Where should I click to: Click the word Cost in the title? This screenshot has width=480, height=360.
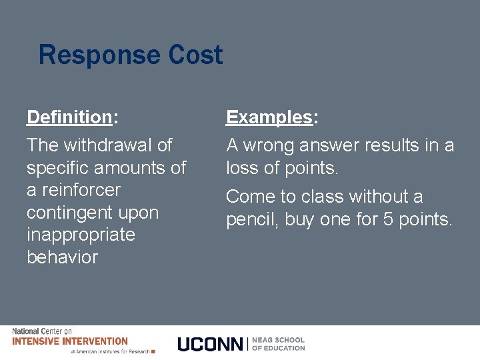tap(197, 55)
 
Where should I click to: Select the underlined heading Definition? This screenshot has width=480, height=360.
tap(69, 117)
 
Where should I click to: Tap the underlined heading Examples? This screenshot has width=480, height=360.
tap(269, 117)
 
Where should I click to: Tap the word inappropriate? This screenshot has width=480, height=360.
tap(81, 235)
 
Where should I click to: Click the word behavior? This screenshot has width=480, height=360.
tap(62, 257)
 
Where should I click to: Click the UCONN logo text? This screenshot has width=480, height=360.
tap(211, 344)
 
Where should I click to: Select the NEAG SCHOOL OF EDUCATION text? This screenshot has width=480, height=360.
tap(279, 344)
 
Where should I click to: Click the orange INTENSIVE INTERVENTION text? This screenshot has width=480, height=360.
tap(70, 341)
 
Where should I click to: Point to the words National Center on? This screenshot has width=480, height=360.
tap(42, 331)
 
